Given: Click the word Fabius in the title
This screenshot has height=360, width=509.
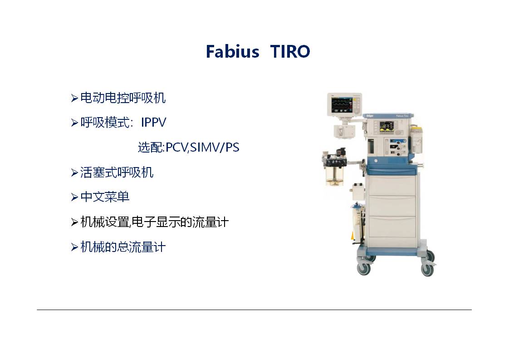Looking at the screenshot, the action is (232, 51).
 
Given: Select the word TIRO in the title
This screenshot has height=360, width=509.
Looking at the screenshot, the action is (290, 51).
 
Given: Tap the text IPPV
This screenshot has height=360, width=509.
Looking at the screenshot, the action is (153, 123).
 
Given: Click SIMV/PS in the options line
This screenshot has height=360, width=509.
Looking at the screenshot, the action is (215, 148).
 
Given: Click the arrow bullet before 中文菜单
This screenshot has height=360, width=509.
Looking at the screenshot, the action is (74, 197).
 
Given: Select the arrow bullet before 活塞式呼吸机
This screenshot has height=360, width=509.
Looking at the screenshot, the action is (74, 173).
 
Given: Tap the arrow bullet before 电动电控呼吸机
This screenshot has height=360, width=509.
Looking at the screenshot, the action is (74, 98).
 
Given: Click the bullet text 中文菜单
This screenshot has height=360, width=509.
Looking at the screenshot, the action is (105, 197).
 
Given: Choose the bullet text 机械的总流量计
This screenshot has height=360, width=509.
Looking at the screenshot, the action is (123, 247).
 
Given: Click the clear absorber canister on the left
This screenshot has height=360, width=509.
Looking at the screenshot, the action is (335, 175).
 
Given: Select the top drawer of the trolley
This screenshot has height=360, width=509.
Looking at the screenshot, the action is (392, 185).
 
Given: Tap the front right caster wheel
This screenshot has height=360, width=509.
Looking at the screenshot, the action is (427, 270).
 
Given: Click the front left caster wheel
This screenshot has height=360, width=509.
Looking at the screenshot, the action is (364, 268).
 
